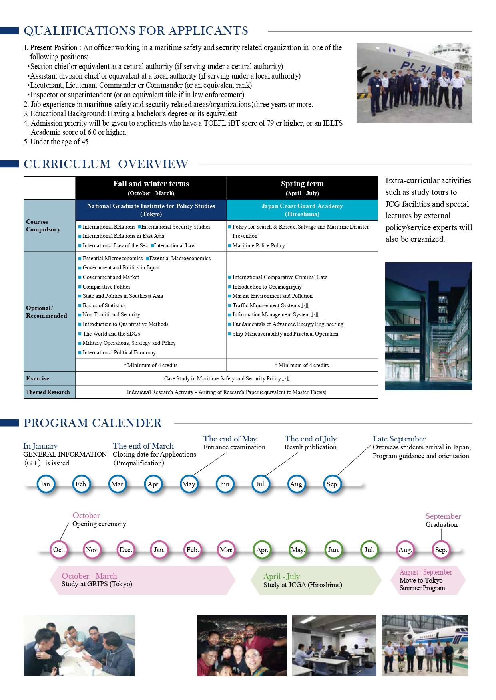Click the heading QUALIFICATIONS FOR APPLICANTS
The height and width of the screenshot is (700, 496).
136,31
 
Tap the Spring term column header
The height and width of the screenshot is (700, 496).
302,187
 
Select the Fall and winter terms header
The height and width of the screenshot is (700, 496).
151,187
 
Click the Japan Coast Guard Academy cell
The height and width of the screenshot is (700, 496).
302,210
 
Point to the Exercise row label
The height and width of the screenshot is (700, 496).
38,378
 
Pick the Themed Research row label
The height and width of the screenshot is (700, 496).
48,392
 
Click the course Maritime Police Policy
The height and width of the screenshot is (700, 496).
259,245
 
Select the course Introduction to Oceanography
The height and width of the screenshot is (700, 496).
267,287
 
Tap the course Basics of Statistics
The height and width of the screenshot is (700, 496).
104,305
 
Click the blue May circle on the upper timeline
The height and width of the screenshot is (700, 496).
189,484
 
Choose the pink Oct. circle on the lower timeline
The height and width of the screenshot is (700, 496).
59,550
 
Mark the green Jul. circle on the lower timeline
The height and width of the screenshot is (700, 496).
369,550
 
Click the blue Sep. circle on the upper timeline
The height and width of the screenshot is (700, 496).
332,484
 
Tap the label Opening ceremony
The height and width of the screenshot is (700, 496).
99,524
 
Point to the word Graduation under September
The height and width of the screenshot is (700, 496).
441,524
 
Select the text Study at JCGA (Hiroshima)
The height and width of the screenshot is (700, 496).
303,585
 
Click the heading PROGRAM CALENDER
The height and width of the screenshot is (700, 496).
93,423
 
